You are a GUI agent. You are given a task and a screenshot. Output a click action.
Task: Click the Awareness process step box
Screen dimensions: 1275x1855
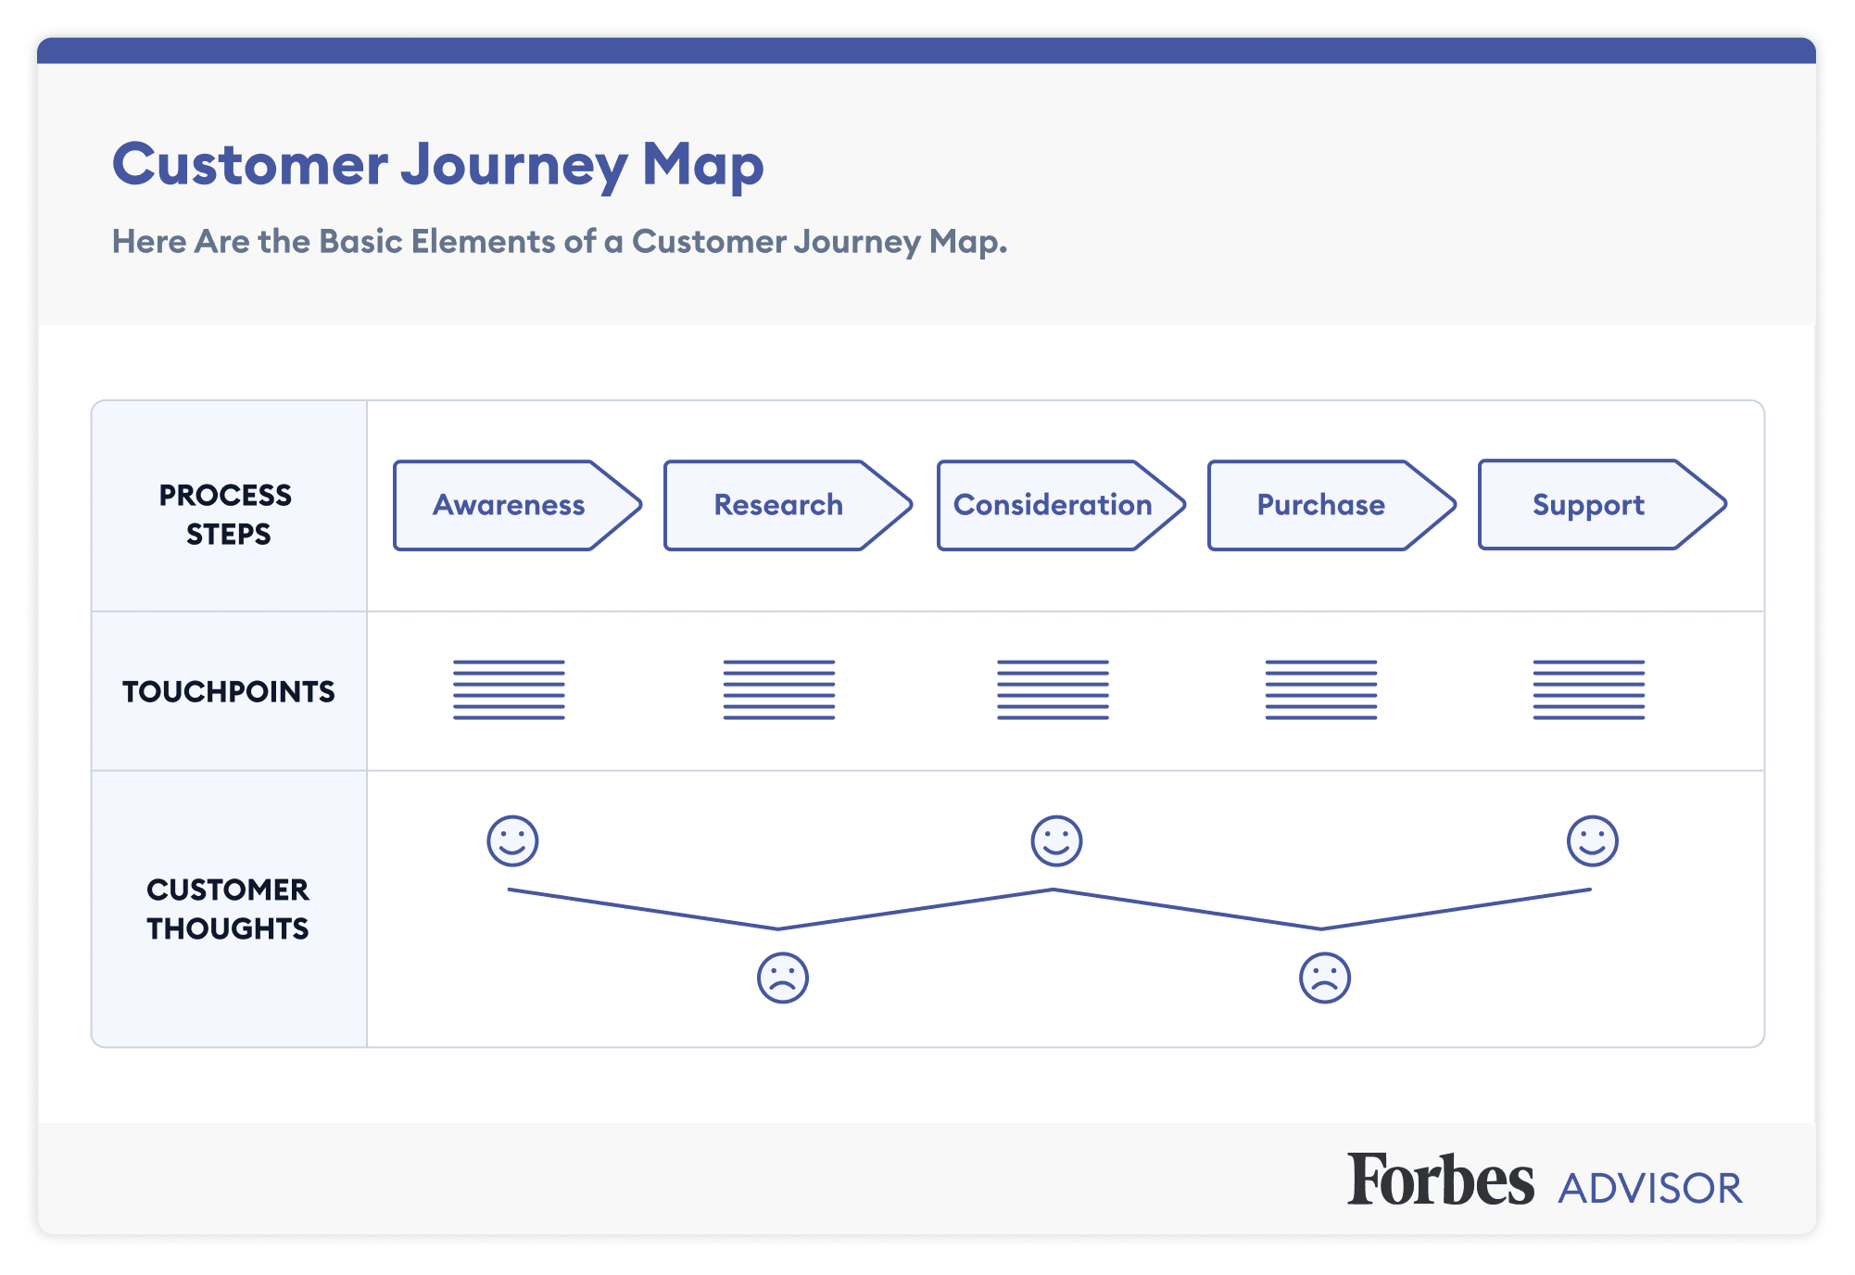509,505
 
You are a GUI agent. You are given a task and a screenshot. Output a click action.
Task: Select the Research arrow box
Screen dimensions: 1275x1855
778,505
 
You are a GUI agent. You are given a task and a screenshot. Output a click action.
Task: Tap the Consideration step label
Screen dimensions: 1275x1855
1053,505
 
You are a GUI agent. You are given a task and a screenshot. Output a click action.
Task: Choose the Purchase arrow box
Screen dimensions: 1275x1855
1321,505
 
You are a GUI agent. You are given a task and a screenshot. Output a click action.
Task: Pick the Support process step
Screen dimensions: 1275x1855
1588,505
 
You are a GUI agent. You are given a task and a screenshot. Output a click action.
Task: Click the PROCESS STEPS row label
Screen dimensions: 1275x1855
227,514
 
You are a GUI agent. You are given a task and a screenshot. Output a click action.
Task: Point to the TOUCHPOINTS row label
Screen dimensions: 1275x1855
229,691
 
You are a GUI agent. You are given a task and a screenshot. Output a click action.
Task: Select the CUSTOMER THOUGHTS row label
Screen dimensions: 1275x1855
228,909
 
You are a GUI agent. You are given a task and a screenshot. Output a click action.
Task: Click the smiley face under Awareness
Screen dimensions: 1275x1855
512,840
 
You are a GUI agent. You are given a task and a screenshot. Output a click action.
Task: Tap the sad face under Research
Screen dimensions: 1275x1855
783,978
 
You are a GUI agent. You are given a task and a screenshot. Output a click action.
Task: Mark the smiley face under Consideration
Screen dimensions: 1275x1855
1056,840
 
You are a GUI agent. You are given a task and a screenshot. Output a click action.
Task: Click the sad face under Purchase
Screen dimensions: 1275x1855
1325,978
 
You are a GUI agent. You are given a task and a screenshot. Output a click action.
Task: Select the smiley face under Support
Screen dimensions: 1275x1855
1592,840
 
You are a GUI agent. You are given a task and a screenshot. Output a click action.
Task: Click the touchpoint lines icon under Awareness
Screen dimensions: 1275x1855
509,690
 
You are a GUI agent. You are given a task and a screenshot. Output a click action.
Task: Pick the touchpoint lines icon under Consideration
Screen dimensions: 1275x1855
1053,690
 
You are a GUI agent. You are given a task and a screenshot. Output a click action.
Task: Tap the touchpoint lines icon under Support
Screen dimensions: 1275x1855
1588,690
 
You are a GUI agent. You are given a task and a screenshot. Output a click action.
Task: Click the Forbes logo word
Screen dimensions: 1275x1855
1440,1180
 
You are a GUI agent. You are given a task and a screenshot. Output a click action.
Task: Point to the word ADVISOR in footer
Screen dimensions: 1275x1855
1649,1189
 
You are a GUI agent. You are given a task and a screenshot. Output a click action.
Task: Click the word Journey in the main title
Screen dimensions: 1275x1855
514,166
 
